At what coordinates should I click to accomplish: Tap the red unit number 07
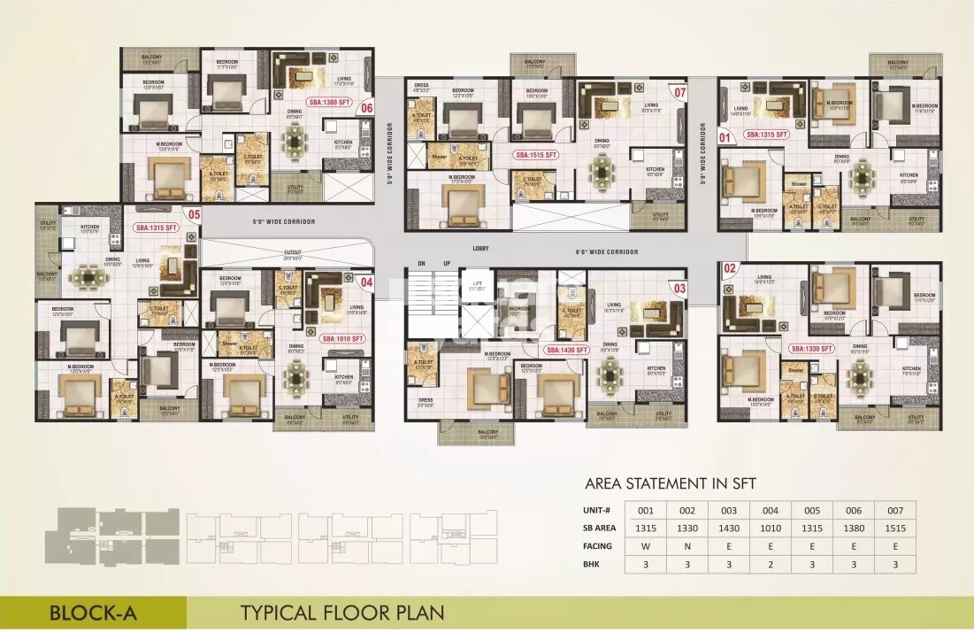(679, 92)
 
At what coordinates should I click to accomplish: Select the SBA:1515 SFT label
(538, 155)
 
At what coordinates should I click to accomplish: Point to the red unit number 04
(367, 282)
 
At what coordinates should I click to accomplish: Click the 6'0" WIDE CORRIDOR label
(606, 252)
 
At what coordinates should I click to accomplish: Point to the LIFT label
(474, 283)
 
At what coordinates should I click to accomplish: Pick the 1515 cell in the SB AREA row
(895, 528)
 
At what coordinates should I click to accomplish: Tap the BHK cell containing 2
(769, 564)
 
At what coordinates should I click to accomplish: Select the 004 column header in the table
(769, 510)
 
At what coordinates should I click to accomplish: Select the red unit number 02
(730, 267)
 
